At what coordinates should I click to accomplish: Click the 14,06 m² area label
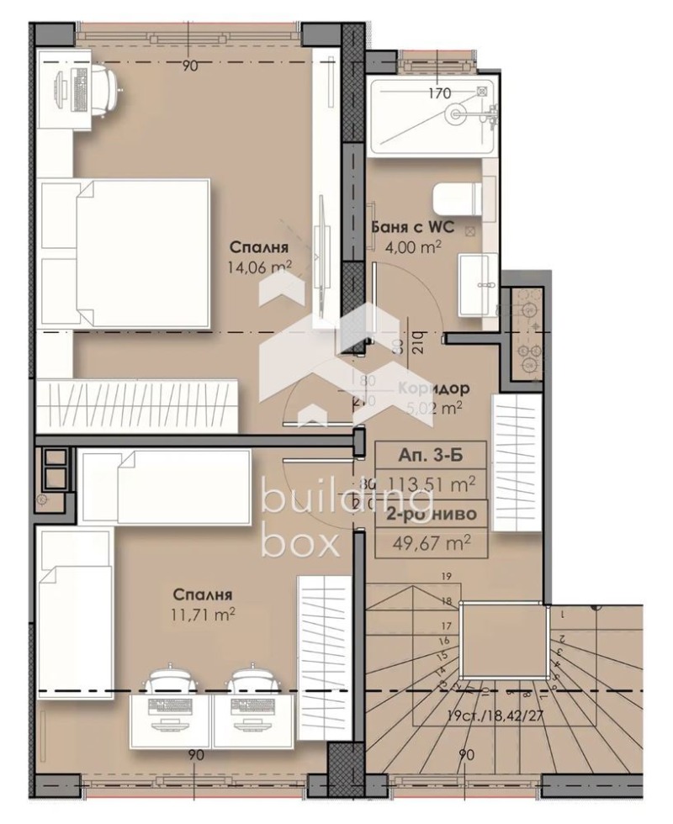pos(259,267)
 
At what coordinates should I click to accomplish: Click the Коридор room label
pos(433,389)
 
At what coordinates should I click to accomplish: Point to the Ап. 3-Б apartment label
pos(430,457)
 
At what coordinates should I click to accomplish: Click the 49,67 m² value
pos(431,541)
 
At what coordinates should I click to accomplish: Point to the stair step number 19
pos(447,577)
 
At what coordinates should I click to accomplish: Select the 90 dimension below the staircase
pos(466,755)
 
